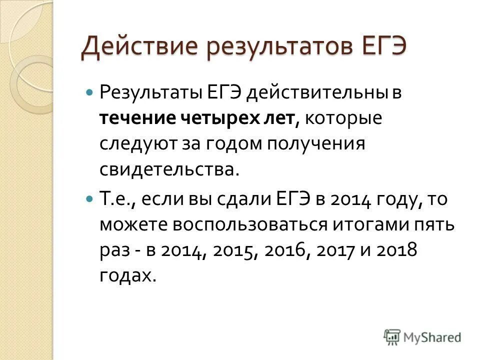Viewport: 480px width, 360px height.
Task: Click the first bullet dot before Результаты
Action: [x=90, y=93]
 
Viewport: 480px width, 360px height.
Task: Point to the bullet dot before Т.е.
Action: [x=90, y=199]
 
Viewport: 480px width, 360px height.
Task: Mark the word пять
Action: [x=435, y=224]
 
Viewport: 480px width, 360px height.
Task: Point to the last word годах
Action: [x=125, y=276]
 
